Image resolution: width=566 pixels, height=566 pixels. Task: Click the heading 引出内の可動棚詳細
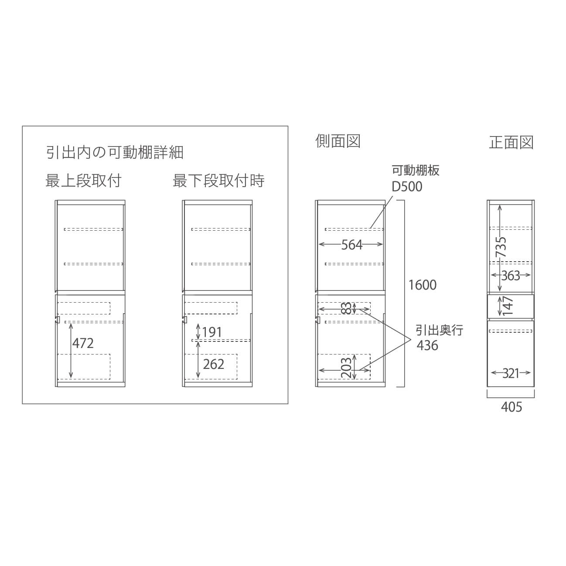[x=115, y=153]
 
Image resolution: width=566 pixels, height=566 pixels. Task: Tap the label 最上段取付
[x=83, y=181]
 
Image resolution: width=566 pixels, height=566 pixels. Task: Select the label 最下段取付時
[x=218, y=181]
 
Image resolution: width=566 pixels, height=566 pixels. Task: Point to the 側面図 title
[x=338, y=141]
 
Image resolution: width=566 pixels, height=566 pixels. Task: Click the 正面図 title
[x=511, y=143]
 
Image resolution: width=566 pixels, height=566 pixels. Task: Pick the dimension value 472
[x=83, y=343]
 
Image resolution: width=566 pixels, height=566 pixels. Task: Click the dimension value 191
[x=212, y=332]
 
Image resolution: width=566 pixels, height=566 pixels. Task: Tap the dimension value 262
[x=214, y=364]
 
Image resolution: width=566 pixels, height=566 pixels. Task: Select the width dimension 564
[x=351, y=245]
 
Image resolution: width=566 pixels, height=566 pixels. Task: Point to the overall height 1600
[x=423, y=285]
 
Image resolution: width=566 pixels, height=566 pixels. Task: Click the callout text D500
[x=407, y=187]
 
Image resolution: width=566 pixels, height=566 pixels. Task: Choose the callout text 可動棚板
[x=416, y=170]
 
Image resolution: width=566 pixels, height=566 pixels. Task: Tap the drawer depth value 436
[x=427, y=345]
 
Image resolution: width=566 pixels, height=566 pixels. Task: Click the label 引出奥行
[x=440, y=331]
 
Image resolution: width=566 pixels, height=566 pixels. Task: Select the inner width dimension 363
[x=511, y=276]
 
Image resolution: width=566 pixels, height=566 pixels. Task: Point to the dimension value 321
[x=511, y=374]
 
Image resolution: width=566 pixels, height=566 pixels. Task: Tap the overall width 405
[x=511, y=407]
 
